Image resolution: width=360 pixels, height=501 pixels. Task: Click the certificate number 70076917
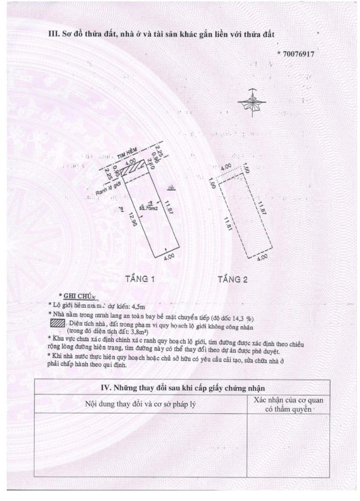click(298, 54)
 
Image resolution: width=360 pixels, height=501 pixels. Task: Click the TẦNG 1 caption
click(140, 279)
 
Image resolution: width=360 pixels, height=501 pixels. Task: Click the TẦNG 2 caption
click(233, 279)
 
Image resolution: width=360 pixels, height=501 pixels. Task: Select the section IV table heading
click(182, 388)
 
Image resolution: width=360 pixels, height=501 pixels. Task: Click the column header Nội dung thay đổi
click(140, 404)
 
